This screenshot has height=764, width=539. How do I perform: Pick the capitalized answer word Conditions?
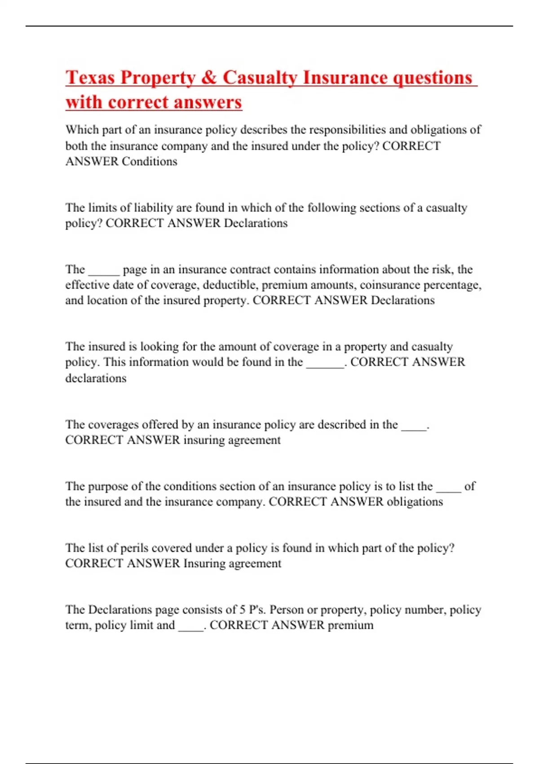150,161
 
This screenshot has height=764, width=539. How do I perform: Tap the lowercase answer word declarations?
96,378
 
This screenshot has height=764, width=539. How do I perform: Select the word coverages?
112,425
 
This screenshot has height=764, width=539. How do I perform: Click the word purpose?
108,486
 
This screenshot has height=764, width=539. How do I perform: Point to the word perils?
135,548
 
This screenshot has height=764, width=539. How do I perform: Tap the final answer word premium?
350,625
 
